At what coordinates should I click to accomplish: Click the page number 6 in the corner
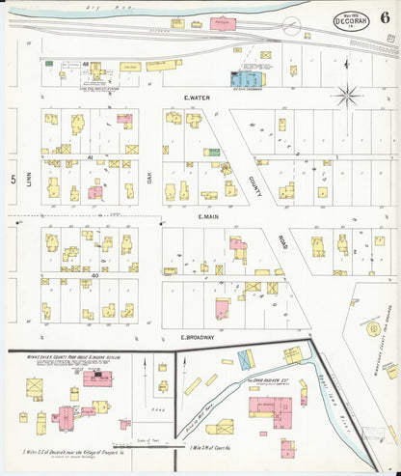(x=385, y=14)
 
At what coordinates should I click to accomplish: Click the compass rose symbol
(x=347, y=95)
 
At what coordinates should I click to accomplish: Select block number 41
(x=90, y=156)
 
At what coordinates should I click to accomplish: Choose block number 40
(x=94, y=275)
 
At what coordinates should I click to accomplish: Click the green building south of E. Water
(x=211, y=152)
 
